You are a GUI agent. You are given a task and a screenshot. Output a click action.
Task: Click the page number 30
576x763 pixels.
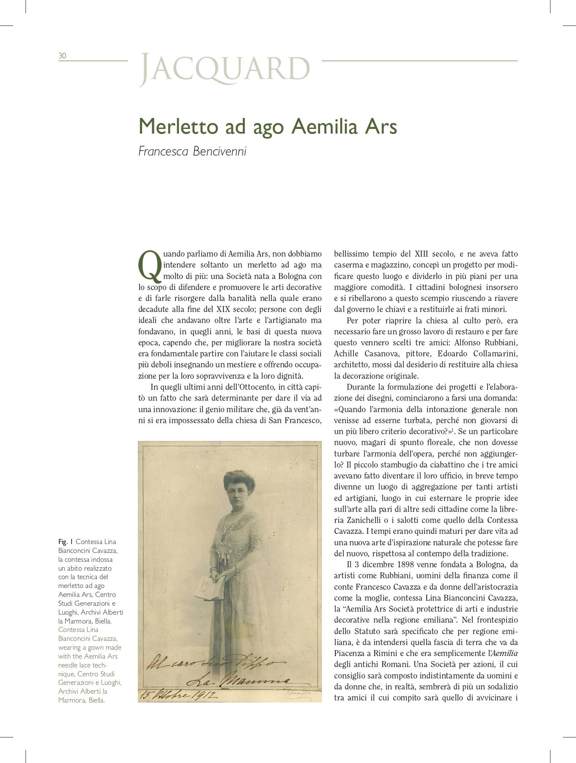tap(62, 56)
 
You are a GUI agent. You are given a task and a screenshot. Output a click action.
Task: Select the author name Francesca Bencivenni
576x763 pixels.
tap(192, 151)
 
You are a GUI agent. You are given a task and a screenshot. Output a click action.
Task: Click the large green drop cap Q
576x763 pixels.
tap(149, 265)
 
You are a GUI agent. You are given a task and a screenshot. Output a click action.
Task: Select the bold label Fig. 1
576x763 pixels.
tap(66, 542)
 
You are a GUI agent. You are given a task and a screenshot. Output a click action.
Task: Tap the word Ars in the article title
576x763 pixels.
tap(381, 126)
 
